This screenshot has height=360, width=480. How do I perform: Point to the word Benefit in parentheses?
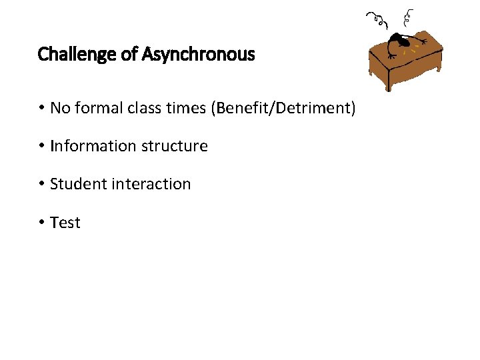(243, 108)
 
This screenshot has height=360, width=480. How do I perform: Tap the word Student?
(76, 184)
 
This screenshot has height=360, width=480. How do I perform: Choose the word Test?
(65, 223)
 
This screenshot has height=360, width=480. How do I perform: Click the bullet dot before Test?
(41, 223)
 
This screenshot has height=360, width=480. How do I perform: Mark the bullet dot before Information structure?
(41, 146)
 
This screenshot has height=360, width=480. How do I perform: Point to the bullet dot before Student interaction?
(41, 184)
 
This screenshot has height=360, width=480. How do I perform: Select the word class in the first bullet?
(143, 108)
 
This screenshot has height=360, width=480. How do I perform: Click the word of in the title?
(129, 54)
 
